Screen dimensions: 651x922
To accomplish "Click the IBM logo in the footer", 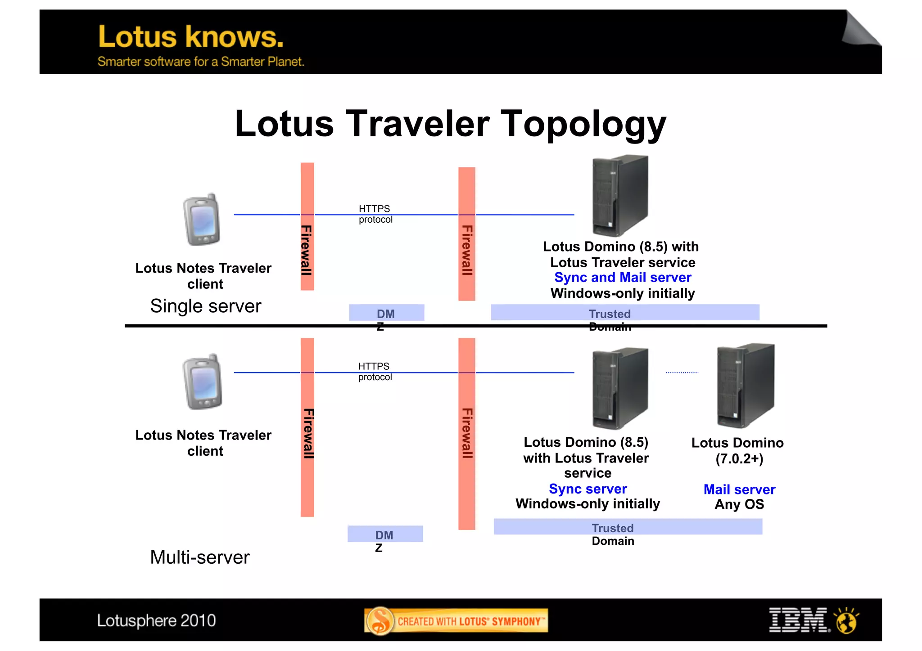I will (x=799, y=620).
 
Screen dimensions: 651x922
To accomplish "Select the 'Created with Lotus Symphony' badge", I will (x=456, y=621).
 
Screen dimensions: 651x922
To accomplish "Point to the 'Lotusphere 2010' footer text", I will (x=156, y=620).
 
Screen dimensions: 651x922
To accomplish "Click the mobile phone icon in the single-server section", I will (x=202, y=220).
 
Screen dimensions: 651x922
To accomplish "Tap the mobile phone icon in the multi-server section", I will (x=203, y=382).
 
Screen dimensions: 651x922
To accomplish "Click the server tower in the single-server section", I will (x=620, y=196).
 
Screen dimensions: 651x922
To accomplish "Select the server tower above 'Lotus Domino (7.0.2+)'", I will (x=746, y=386).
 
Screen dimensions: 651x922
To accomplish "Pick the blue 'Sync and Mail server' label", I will (x=623, y=278).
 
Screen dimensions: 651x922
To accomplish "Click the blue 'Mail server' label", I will (x=739, y=489).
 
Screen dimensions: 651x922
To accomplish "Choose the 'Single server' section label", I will (x=205, y=306).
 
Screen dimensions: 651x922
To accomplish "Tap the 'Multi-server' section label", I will (x=199, y=557).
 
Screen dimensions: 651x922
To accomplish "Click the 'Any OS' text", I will (x=739, y=504).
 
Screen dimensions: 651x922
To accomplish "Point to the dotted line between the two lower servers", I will (x=682, y=373).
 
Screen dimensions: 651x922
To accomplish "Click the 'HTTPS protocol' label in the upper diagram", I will (x=375, y=214).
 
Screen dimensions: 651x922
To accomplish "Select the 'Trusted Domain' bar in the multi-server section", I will (x=628, y=527).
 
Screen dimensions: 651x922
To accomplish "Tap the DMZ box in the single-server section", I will (x=386, y=313).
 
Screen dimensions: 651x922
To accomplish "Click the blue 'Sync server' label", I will (x=588, y=489).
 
